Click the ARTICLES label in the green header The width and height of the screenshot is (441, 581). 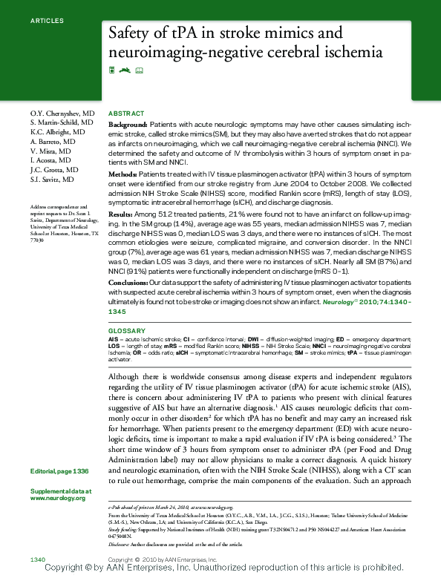pos(47,20)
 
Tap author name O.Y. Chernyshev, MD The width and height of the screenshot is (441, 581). pos(62,113)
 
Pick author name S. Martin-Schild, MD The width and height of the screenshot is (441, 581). pos(62,122)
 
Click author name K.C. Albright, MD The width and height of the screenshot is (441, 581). pos(58,131)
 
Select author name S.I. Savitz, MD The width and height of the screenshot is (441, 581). pos(52,180)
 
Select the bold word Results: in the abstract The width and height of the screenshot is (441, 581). pos(121,213)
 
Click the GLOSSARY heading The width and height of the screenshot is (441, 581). pos(126,330)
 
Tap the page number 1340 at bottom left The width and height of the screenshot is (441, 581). pos(39,558)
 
